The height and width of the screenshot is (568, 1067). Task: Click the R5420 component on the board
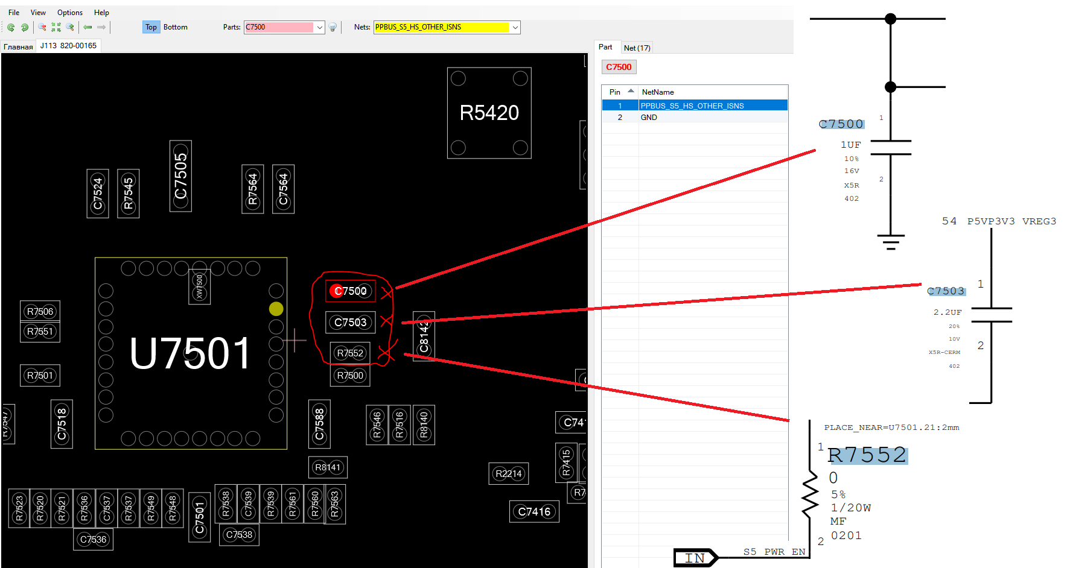pos(489,113)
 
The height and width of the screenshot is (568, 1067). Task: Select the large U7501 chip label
pos(190,353)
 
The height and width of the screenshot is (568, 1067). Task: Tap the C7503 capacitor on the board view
pos(350,322)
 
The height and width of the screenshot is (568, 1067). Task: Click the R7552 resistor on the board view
pos(350,353)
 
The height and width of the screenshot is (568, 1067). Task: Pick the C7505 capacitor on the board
pos(180,176)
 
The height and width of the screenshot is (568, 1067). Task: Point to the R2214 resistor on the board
pos(508,474)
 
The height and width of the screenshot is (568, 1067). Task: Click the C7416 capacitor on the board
pos(534,512)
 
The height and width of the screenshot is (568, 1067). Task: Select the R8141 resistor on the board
pos(328,467)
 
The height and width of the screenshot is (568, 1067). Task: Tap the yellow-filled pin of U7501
pos(276,309)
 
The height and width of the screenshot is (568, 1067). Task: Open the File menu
pos(14,13)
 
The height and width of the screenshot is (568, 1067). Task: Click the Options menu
pos(70,13)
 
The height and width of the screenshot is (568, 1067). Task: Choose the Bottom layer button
pos(175,27)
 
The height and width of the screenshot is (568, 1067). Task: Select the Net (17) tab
pos(637,48)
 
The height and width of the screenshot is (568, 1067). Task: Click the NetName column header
pos(658,92)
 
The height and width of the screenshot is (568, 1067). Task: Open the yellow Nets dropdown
pos(515,27)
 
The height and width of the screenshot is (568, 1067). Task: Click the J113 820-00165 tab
pos(68,46)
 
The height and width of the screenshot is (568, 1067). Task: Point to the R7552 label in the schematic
pos(867,455)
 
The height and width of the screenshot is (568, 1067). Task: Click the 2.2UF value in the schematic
pos(948,312)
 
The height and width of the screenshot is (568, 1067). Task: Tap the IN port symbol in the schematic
pos(695,558)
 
